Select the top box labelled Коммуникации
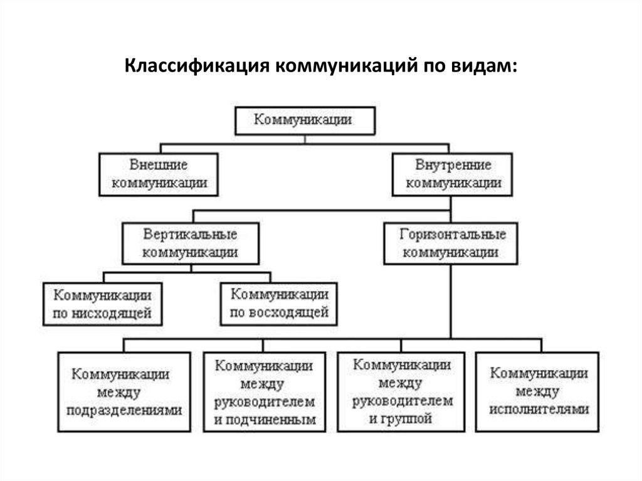click(305, 121)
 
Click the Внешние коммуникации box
click(159, 174)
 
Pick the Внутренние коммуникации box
click(453, 174)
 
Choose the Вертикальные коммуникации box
click(191, 243)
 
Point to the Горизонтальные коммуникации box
click(451, 243)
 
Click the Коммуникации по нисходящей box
click(103, 304)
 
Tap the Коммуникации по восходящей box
click(279, 304)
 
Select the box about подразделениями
click(124, 392)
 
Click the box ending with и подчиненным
click(265, 392)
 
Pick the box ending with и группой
click(401, 392)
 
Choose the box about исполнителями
click(537, 392)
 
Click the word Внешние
click(159, 165)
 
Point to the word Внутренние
click(453, 165)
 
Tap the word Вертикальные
click(190, 235)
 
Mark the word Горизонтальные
click(453, 235)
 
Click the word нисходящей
click(112, 314)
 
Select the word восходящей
click(289, 312)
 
